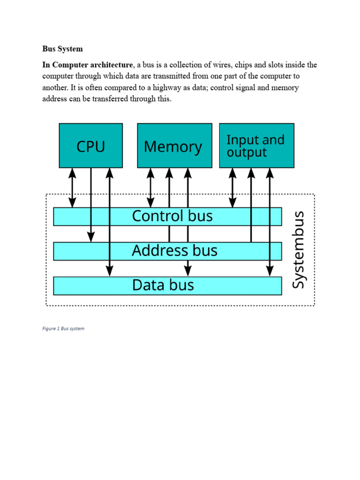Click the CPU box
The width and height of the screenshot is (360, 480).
[x=90, y=146]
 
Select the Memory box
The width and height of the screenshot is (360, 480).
[x=174, y=146]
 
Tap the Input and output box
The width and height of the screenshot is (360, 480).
[x=256, y=146]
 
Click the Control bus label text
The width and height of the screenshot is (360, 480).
[x=172, y=216]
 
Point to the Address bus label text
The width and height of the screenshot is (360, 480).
[x=174, y=251]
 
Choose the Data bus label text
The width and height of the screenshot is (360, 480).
[x=163, y=285]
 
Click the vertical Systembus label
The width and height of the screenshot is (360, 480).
[x=299, y=250]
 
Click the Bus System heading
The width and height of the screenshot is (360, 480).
[x=62, y=49]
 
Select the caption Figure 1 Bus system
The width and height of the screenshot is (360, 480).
[x=63, y=329]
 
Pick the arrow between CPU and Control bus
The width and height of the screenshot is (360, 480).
[x=72, y=187]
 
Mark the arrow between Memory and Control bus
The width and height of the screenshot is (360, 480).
[x=150, y=187]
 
